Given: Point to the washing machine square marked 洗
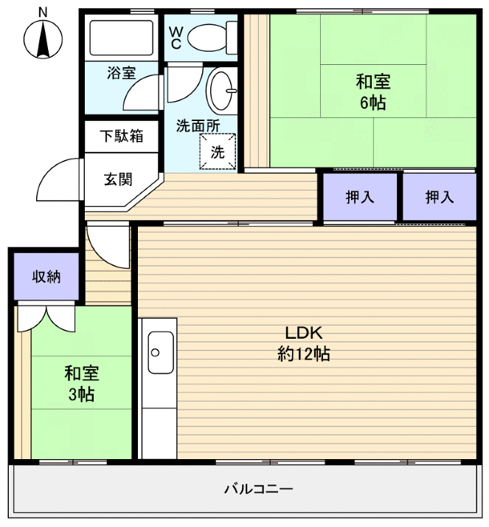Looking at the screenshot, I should (218, 152).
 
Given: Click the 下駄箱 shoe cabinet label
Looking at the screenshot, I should (122, 137).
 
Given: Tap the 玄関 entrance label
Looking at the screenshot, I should (118, 179).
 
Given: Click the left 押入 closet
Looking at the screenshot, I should (360, 197).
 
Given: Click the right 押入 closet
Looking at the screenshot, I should (439, 197).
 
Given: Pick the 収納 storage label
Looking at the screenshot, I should (45, 278).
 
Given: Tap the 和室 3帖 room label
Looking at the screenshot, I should (81, 384).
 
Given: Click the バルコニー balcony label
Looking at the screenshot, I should (258, 489).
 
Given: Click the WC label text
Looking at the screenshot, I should (176, 38).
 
